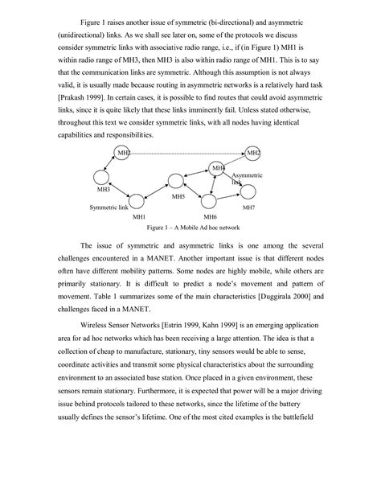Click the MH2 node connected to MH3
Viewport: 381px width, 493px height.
click(x=123, y=153)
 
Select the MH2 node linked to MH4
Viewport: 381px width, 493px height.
click(x=252, y=153)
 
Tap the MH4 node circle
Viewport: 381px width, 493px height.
click(x=217, y=168)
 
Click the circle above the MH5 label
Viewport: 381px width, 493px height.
click(x=176, y=183)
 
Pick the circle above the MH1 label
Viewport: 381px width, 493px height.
click(x=137, y=202)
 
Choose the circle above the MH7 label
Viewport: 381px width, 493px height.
click(x=248, y=191)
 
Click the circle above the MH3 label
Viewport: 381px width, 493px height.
click(x=102, y=177)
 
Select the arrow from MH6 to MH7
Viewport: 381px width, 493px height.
click(x=229, y=196)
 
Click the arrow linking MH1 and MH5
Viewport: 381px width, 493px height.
click(x=157, y=192)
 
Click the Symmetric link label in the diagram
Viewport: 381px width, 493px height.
click(x=109, y=207)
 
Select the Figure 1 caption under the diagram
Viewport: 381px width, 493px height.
click(x=187, y=228)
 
